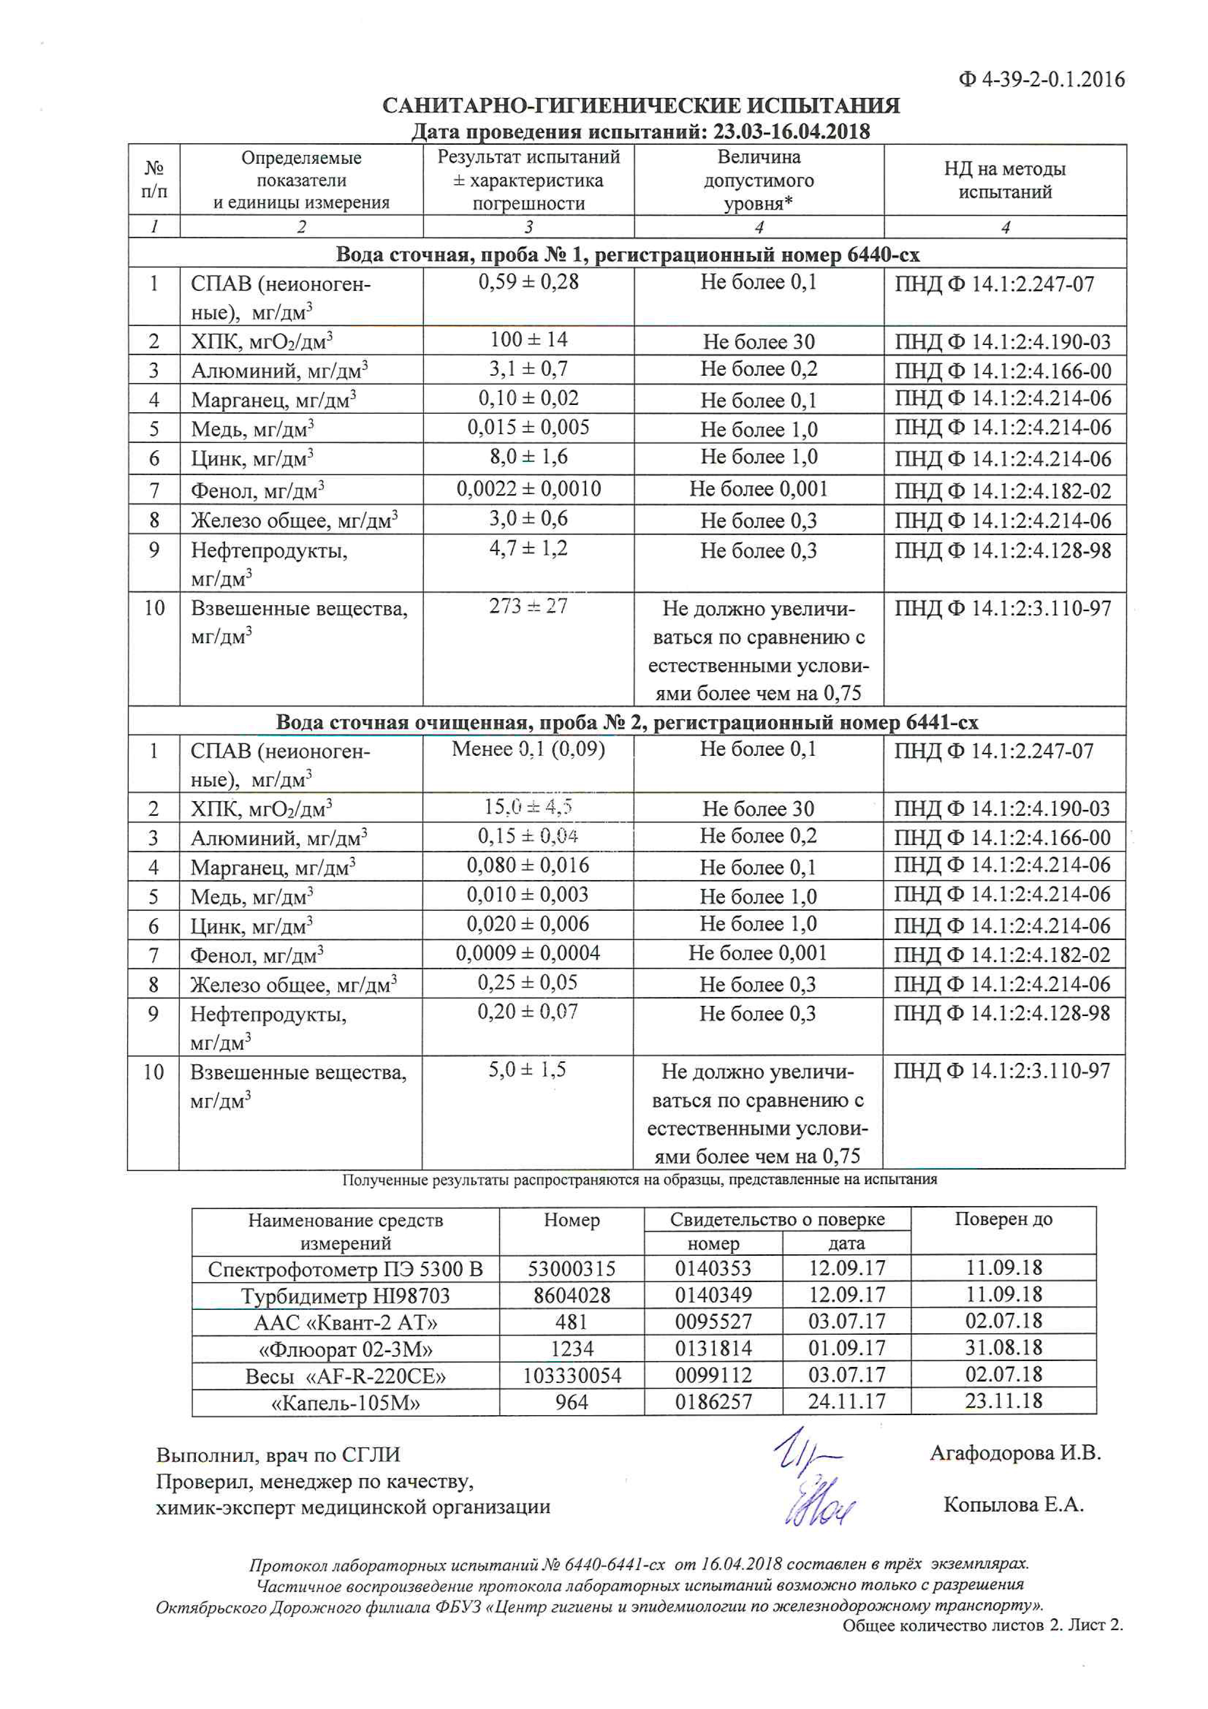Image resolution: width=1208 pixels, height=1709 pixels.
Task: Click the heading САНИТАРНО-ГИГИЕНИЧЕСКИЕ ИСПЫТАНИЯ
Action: pyautogui.click(x=641, y=106)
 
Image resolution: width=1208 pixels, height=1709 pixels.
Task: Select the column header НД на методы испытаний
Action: pyautogui.click(x=1005, y=180)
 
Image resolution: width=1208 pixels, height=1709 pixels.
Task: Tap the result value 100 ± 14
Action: pyautogui.click(x=528, y=340)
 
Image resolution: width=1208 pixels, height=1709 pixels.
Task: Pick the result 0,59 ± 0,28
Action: pyautogui.click(x=528, y=282)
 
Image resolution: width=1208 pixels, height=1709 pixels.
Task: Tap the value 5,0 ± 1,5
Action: pyautogui.click(x=527, y=1070)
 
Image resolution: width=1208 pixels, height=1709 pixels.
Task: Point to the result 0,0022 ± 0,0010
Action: pyautogui.click(x=528, y=489)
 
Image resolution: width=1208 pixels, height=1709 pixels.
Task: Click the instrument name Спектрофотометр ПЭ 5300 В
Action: pyautogui.click(x=345, y=1269)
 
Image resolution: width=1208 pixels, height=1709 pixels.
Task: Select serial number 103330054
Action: pyautogui.click(x=572, y=1376)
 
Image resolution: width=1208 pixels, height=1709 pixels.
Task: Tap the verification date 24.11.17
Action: pyautogui.click(x=846, y=1402)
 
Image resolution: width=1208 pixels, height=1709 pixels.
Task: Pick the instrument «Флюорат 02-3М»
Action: pyautogui.click(x=345, y=1349)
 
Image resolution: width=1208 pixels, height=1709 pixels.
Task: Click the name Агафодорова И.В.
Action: pyautogui.click(x=1015, y=1453)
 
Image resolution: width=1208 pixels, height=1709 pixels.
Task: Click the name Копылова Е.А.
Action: pyautogui.click(x=1014, y=1504)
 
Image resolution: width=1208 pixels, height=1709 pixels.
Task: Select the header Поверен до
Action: pyautogui.click(x=1003, y=1219)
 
